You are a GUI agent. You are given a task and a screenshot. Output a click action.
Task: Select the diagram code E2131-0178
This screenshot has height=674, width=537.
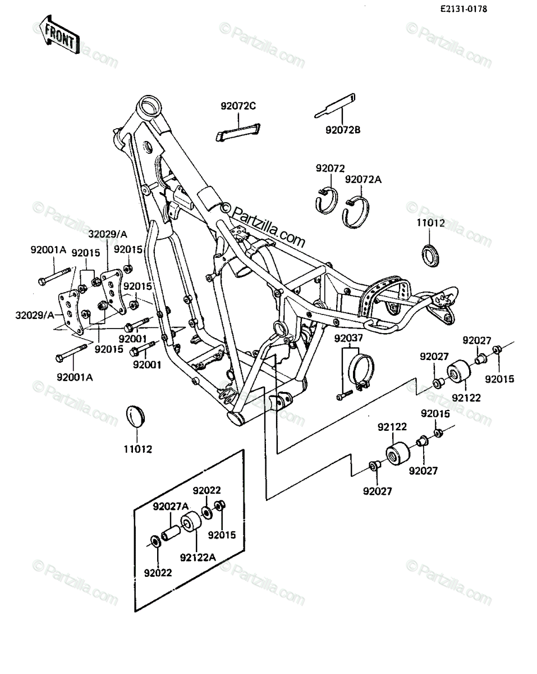pos(463,9)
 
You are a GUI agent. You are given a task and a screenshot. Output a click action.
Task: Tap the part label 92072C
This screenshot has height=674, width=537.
pos(238,106)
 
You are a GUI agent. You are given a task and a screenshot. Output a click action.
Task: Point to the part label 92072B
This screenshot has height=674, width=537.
pos(343,130)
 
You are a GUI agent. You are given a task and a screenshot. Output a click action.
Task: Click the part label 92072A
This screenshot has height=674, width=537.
pos(363,180)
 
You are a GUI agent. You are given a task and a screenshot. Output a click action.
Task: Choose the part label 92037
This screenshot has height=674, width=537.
pos(348,338)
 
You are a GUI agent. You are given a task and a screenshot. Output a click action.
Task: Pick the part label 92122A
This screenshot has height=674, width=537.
pos(198,558)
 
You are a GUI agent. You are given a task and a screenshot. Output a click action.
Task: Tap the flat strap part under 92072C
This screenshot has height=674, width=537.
pos(238,132)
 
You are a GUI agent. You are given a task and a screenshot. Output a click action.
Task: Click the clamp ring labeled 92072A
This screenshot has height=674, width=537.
pos(356,212)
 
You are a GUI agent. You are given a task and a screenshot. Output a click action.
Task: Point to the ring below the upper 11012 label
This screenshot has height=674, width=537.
pos(430,256)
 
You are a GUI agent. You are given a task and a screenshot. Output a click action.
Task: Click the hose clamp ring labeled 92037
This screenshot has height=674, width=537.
pos(361,372)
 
